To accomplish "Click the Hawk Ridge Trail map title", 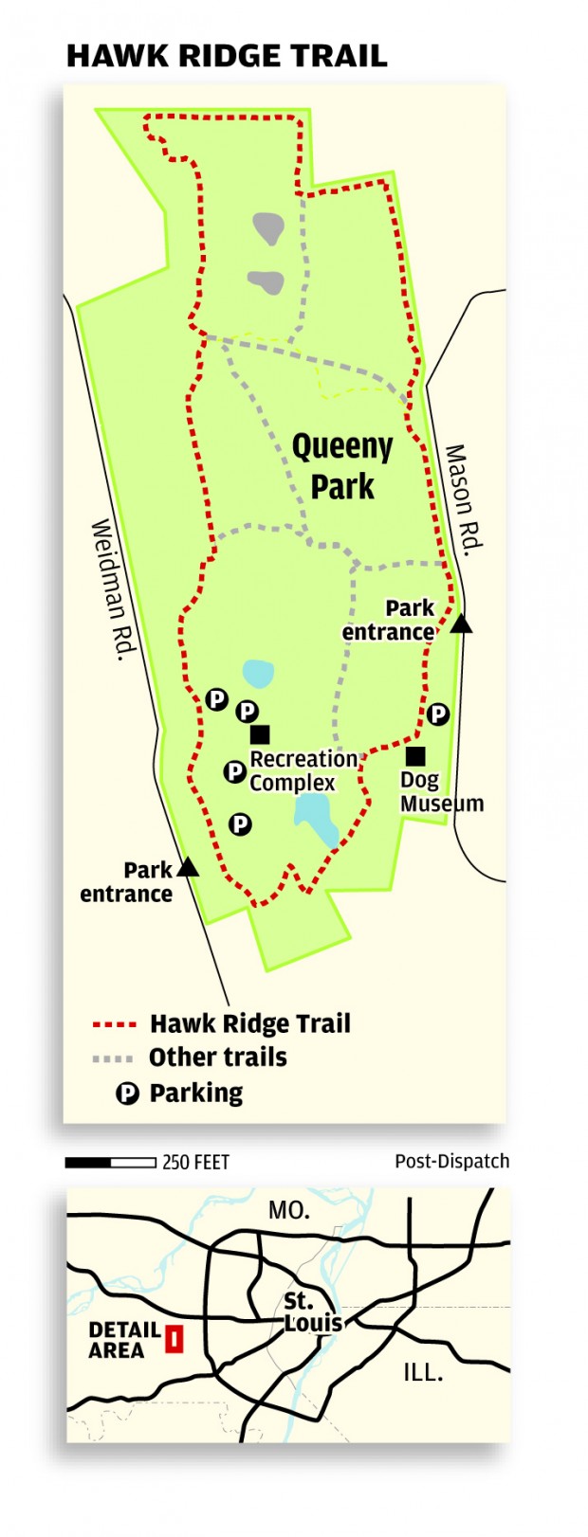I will click(x=227, y=55).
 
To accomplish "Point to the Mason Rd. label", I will click(x=465, y=497).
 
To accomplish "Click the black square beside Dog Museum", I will click(x=415, y=755).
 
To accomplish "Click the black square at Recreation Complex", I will click(x=260, y=734).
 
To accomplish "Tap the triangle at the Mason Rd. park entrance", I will click(x=461, y=624).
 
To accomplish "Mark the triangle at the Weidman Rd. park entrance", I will click(x=188, y=866).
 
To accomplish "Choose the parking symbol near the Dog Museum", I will click(x=437, y=714).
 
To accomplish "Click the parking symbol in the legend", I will click(x=127, y=1094).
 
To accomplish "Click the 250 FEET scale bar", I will click(x=111, y=1162).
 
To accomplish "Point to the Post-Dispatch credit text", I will click(x=451, y=1161).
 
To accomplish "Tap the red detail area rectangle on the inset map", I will click(x=174, y=1339).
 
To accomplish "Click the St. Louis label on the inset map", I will click(x=313, y=1313).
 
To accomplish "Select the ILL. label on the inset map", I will click(x=422, y=1371).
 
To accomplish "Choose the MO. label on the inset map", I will click(x=289, y=1210).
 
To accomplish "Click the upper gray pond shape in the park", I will click(x=268, y=227).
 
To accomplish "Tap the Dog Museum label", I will click(x=441, y=792).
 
